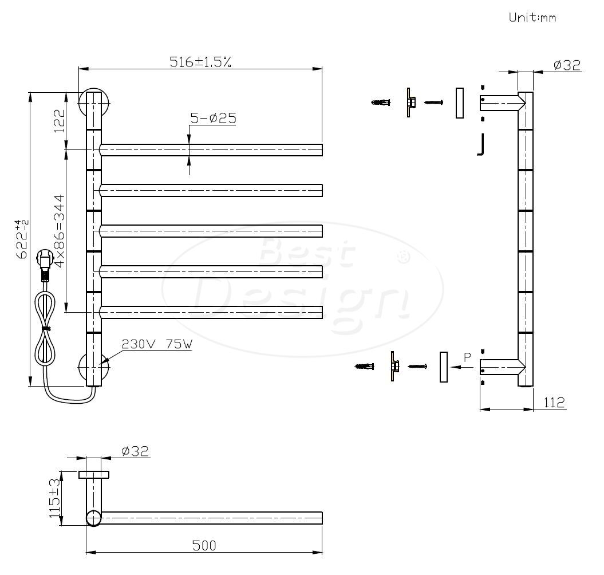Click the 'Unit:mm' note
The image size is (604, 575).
[532, 17]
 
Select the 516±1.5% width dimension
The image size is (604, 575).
[200, 62]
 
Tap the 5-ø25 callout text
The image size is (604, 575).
[213, 119]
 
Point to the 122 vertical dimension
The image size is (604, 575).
[60, 121]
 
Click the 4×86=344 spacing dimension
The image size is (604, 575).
[59, 231]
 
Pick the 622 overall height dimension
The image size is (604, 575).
[22, 239]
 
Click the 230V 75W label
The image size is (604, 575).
[157, 344]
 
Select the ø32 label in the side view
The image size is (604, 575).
[567, 65]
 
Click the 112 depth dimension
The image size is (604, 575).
[554, 403]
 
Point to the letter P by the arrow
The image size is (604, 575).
[467, 357]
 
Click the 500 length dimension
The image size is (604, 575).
[204, 545]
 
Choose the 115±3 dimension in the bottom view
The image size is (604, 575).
[55, 498]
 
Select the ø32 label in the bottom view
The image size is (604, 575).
[135, 451]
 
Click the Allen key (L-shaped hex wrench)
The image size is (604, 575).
[480, 145]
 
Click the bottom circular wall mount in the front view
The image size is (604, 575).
[93, 368]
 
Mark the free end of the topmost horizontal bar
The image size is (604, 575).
[322, 150]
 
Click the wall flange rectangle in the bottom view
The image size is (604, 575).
[93, 474]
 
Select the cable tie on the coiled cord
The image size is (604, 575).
[47, 328]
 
